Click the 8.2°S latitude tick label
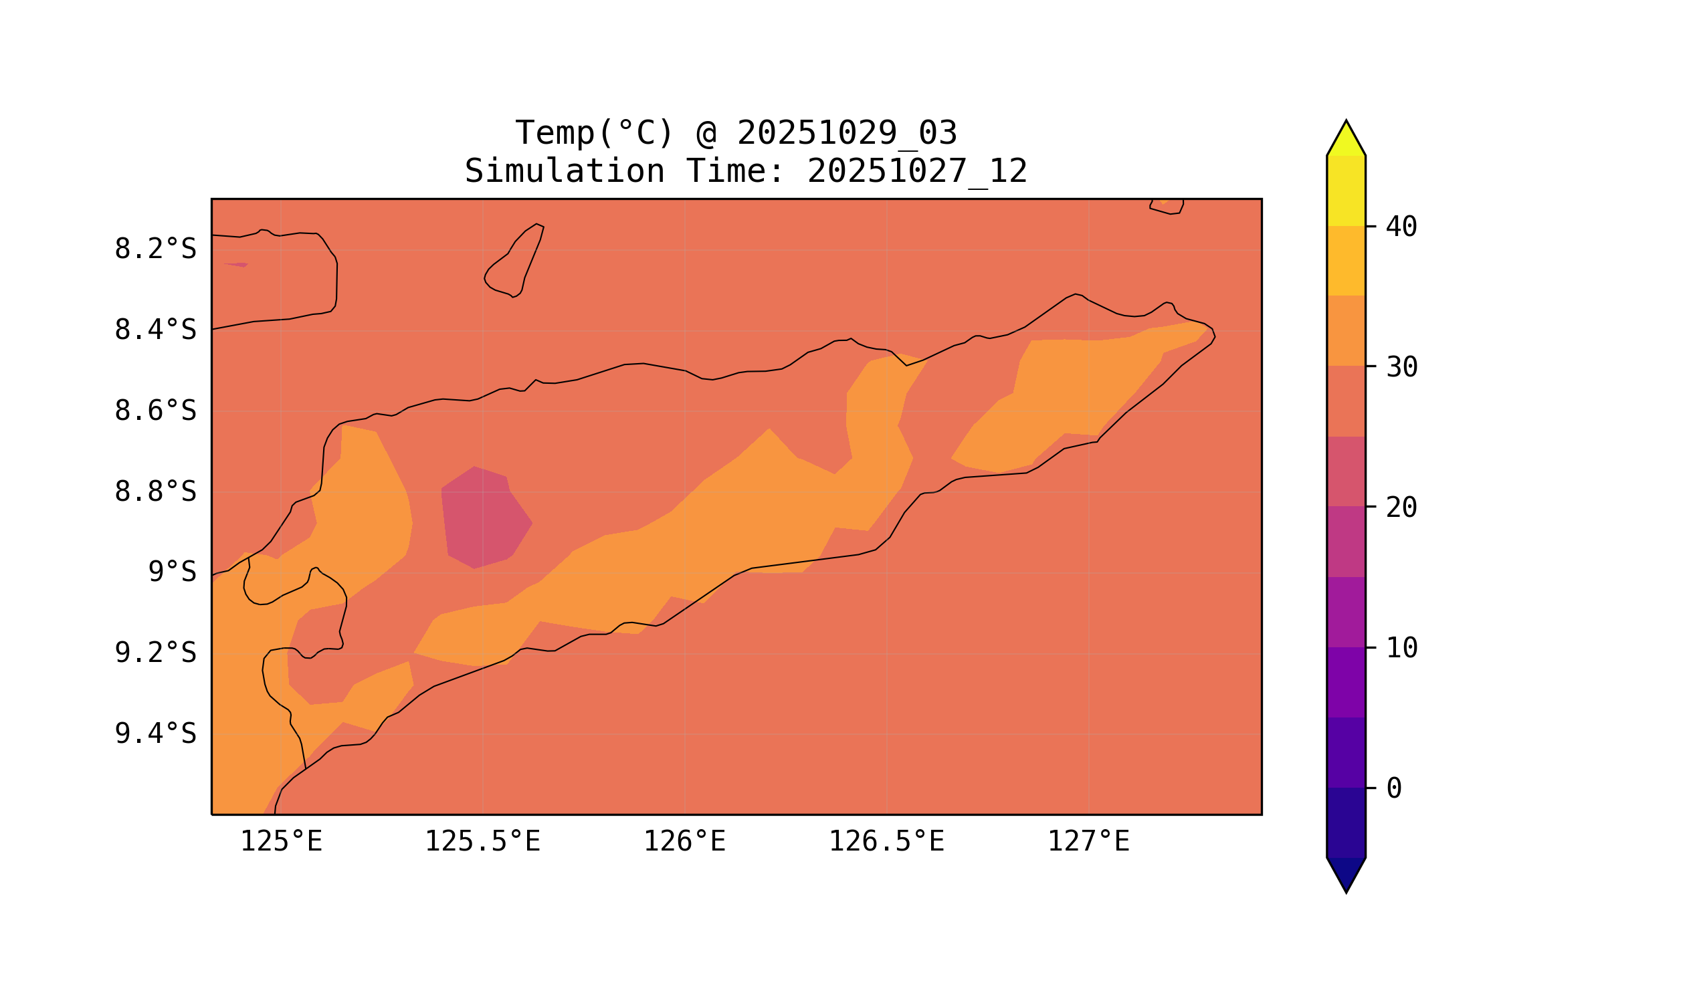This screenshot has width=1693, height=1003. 155,249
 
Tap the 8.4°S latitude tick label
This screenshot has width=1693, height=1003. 155,330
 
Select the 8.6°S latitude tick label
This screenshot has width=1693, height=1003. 155,411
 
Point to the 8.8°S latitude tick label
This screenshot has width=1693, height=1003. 155,492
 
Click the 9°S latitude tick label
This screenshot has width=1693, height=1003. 172,572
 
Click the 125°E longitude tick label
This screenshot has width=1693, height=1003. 281,842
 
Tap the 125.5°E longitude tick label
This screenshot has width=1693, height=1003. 482,842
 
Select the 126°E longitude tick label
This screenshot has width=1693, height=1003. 684,842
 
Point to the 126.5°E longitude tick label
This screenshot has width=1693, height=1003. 886,842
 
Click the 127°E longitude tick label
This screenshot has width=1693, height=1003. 1088,842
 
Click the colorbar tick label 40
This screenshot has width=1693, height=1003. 1401,227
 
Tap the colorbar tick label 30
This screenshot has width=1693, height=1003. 1401,367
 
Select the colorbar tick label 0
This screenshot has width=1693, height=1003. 1393,788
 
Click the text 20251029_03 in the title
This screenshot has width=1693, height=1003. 847,133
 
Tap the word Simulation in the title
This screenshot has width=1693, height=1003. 564,172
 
